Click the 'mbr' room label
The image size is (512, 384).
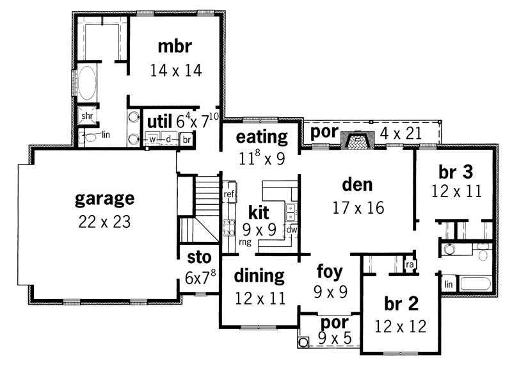[x=176, y=46]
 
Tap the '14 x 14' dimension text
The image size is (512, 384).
[x=176, y=70]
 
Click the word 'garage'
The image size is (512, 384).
[x=105, y=198]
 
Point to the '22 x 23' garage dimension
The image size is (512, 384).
[x=105, y=222]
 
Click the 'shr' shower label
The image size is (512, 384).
[x=86, y=116]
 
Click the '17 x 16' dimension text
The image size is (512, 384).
[x=358, y=207]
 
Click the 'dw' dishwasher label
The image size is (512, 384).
[x=291, y=229]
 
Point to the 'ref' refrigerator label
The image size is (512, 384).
[x=228, y=193]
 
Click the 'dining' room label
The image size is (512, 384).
[x=259, y=276]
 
